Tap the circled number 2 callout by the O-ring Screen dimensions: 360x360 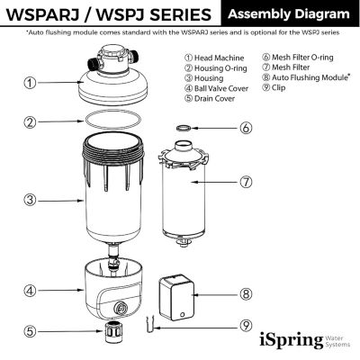pos(31,121)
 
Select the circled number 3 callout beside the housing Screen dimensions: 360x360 pos(31,200)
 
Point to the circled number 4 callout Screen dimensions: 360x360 pos(31,291)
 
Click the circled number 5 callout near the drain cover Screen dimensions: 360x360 pos(31,331)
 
